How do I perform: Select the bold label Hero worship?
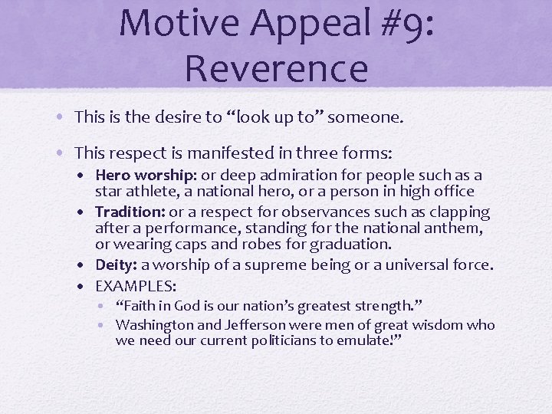[144, 176]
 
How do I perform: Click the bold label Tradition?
[130, 212]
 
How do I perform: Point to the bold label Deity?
[116, 265]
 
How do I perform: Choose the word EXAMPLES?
[136, 285]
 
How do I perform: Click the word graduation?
[349, 245]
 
